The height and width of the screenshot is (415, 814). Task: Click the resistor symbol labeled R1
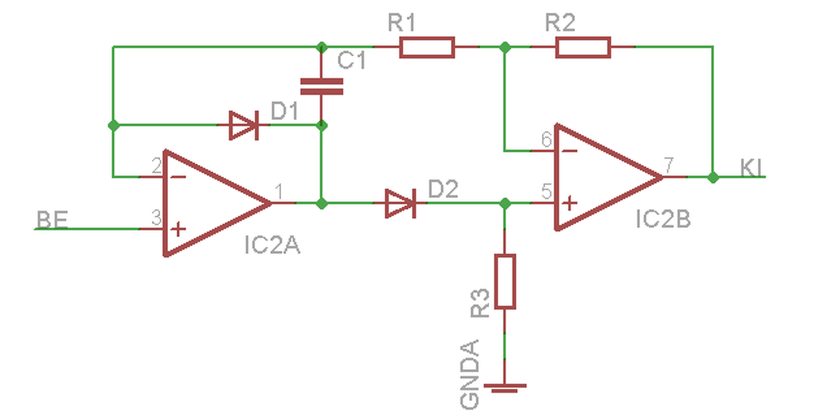pyautogui.click(x=427, y=47)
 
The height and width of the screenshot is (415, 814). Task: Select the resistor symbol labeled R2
pyautogui.click(x=583, y=47)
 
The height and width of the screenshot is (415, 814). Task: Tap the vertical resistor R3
pyautogui.click(x=505, y=281)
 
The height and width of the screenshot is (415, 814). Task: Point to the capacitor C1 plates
pyautogui.click(x=322, y=87)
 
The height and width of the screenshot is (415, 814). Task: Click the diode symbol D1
pyautogui.click(x=244, y=125)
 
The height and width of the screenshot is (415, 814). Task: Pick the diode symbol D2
pyautogui.click(x=401, y=204)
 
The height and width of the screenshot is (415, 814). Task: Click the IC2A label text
pyautogui.click(x=273, y=245)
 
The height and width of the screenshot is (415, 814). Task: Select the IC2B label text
pyautogui.click(x=663, y=220)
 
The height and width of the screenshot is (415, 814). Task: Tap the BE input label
pyautogui.click(x=52, y=220)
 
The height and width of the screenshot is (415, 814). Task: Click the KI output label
pyautogui.click(x=752, y=167)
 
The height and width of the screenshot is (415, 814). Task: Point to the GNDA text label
pyautogui.click(x=469, y=374)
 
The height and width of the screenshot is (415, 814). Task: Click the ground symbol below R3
pyautogui.click(x=505, y=388)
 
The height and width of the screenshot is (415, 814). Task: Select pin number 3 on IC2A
pyautogui.click(x=156, y=218)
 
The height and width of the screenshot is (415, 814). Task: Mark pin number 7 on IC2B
pyautogui.click(x=669, y=165)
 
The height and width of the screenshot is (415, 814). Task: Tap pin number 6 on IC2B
pyautogui.click(x=546, y=139)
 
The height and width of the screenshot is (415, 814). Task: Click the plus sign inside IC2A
pyautogui.click(x=178, y=230)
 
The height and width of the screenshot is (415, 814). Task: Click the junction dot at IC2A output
pyautogui.click(x=322, y=204)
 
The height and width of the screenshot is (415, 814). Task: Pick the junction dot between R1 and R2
pyautogui.click(x=505, y=47)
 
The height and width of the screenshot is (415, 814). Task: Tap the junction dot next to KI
pyautogui.click(x=714, y=178)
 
